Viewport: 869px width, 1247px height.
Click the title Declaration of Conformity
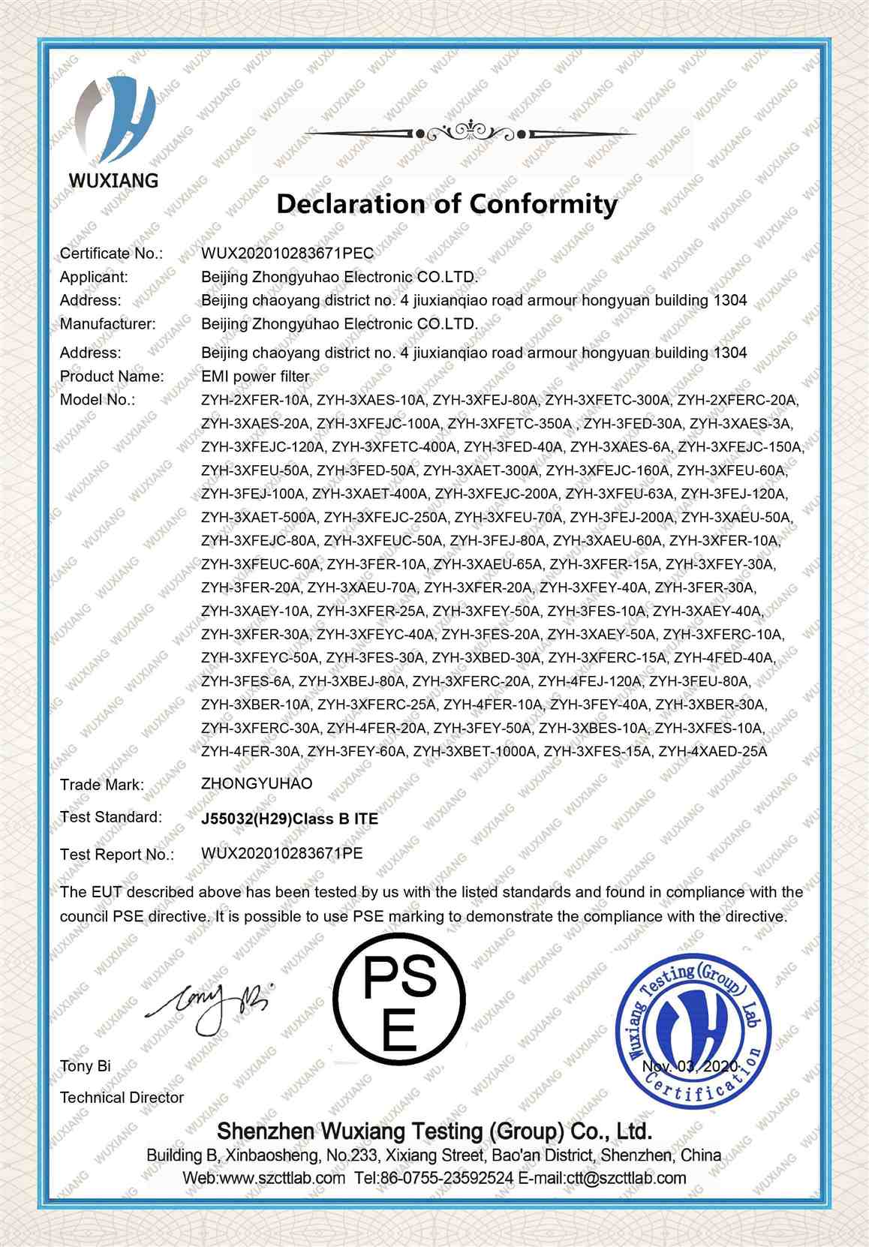[x=447, y=203]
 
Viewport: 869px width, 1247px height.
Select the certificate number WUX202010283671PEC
[x=287, y=253]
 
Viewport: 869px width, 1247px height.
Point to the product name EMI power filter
[x=255, y=376]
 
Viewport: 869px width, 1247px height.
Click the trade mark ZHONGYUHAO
[x=257, y=783]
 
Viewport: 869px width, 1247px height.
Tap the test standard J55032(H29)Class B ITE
[x=290, y=819]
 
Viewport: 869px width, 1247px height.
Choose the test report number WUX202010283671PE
[x=282, y=853]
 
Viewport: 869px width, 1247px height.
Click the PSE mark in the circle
[x=398, y=997]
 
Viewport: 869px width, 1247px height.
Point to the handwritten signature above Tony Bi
[x=214, y=1000]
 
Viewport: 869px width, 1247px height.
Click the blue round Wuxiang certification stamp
[x=692, y=1033]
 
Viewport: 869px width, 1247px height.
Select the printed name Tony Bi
[x=86, y=1066]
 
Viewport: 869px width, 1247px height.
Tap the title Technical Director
[x=122, y=1097]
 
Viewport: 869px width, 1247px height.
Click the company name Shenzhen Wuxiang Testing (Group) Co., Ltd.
[x=434, y=1131]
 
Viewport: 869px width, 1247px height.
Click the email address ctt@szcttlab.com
[x=624, y=1178]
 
